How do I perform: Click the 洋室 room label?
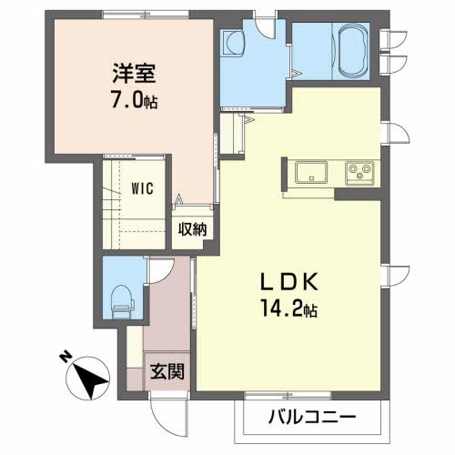[135, 73]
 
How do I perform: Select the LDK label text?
[288, 282]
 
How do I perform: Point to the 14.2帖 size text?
[289, 309]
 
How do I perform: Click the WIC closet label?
[143, 188]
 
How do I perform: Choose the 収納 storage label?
[192, 229]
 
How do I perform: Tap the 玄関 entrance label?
[167, 371]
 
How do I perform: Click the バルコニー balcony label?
[312, 418]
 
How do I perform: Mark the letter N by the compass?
[65, 357]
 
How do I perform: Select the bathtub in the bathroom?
[352, 51]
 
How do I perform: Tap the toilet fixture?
[122, 302]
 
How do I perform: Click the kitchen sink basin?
[311, 172]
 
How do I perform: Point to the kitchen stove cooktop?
[359, 174]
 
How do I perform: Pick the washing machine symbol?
[233, 43]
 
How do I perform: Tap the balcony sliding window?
[288, 395]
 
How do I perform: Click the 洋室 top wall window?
[146, 14]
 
